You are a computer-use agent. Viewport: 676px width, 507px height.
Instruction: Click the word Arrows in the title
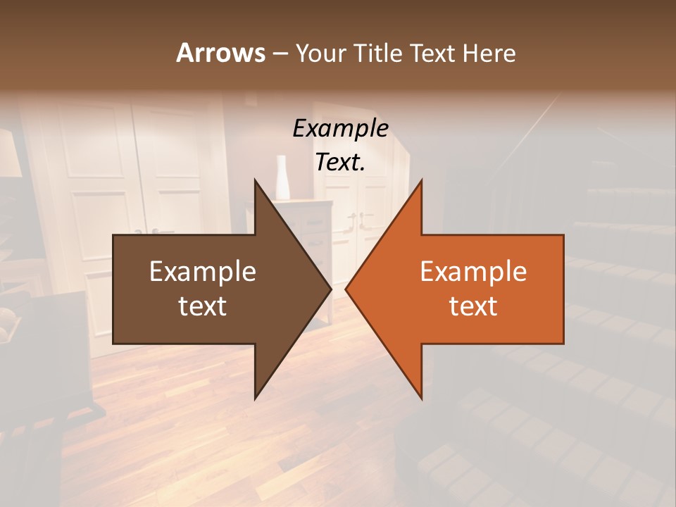[x=221, y=53]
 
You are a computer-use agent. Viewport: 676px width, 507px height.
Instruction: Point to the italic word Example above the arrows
[x=340, y=128]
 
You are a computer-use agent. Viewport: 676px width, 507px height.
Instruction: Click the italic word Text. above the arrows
[x=340, y=163]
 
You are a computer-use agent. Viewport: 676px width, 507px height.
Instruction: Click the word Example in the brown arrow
[x=203, y=272]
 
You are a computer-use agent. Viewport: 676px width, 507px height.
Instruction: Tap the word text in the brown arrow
[x=203, y=306]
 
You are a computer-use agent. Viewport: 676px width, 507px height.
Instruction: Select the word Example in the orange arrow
[x=473, y=272]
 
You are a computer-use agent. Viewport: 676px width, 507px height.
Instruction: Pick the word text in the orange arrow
[x=473, y=306]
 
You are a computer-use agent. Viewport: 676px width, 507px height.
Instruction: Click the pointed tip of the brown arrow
[x=330, y=289]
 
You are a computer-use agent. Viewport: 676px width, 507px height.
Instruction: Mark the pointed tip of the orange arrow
[x=346, y=289]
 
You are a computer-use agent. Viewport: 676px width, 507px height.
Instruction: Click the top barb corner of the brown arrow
[x=255, y=180]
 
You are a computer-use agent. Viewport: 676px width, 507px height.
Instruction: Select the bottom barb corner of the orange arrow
[x=422, y=399]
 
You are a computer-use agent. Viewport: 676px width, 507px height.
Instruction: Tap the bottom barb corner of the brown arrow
[x=255, y=399]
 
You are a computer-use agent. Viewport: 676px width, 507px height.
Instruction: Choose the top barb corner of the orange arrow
[x=422, y=180]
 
